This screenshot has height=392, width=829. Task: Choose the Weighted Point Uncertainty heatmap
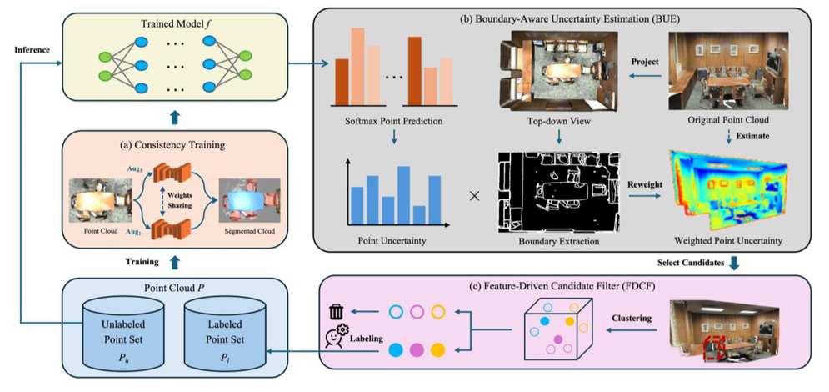coord(727,193)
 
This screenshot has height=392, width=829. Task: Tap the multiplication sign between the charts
coord(474,197)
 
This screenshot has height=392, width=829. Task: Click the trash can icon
coord(337,312)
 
